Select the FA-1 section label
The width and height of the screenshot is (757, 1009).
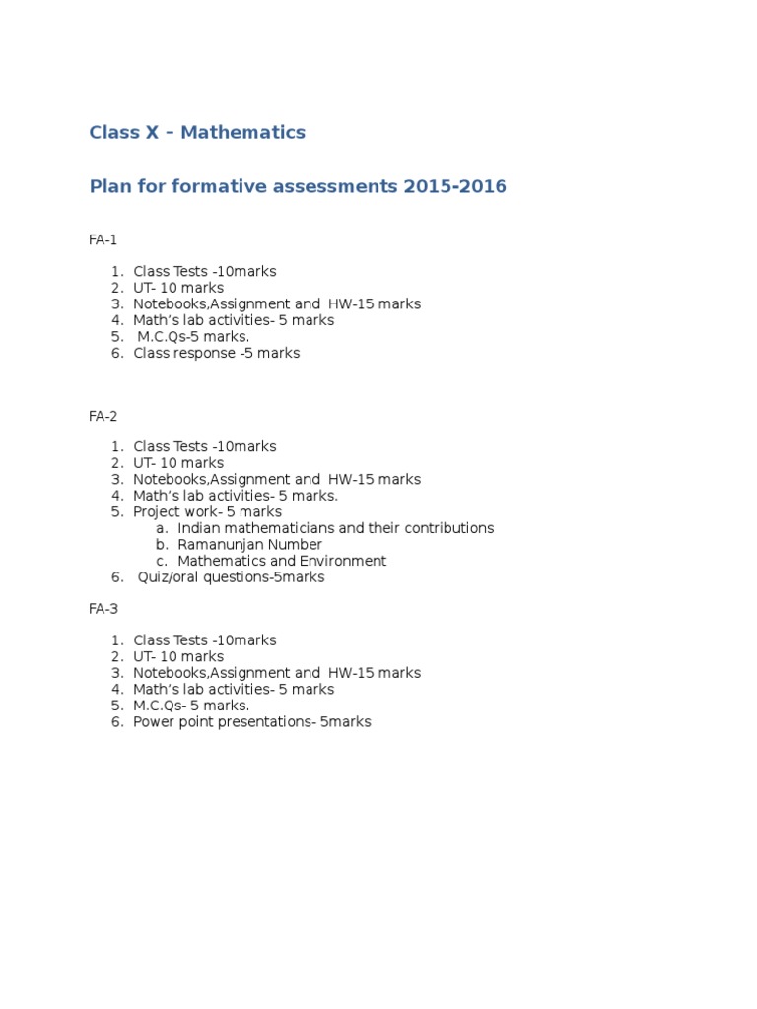coord(103,239)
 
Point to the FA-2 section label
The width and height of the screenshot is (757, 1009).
coord(103,416)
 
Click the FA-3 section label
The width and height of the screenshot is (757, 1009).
coord(103,609)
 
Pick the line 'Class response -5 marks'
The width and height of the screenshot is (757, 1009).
coord(217,353)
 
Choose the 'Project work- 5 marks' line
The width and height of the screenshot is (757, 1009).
coord(207,512)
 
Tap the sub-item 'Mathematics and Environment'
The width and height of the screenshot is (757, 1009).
coord(282,561)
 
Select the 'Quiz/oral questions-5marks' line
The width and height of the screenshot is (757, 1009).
coord(231,577)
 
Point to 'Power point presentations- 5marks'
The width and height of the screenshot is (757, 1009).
coord(252,722)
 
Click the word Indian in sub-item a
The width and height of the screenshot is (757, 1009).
coord(198,528)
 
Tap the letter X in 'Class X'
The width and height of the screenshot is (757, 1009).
coord(152,132)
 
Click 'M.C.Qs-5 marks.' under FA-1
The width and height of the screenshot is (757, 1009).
coord(193,337)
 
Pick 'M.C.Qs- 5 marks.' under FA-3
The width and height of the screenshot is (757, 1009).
coord(191,706)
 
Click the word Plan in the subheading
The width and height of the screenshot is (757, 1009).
coord(109,186)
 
